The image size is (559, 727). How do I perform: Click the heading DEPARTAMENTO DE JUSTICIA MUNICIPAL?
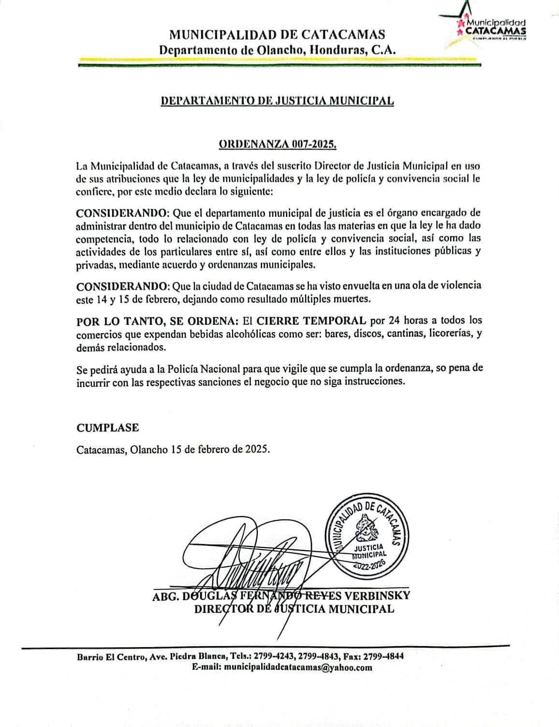(277, 101)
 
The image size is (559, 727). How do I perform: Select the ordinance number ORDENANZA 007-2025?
(278, 144)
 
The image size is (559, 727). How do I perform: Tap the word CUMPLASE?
(107, 428)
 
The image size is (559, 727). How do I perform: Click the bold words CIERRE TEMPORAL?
(311, 320)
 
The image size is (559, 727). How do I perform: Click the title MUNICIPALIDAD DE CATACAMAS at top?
(277, 35)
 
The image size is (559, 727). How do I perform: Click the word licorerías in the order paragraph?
(448, 334)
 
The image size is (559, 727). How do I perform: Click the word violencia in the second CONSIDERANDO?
(457, 285)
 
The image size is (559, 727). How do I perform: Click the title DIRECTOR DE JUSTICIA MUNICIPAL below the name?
(294, 608)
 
